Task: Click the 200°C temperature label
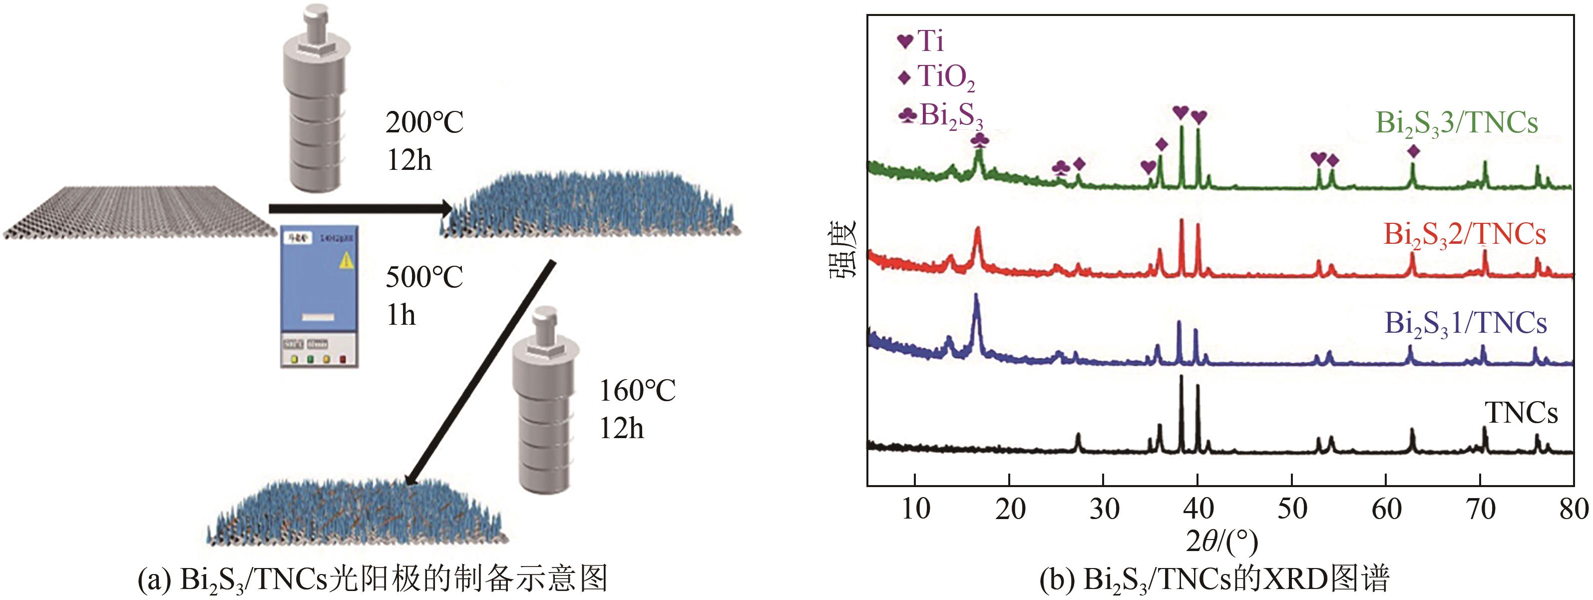[424, 122]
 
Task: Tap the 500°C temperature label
[424, 277]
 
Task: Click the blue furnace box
[320, 296]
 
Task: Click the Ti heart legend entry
[921, 41]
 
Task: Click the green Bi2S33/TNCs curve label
[1456, 123]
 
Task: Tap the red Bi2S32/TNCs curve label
[1464, 235]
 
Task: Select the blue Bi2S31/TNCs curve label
[1466, 324]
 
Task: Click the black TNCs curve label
[1521, 413]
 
